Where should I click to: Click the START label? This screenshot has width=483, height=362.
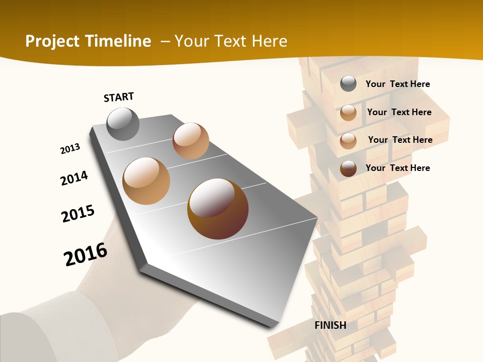119,97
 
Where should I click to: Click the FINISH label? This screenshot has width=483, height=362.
330,325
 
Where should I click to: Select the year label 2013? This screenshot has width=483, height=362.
70,149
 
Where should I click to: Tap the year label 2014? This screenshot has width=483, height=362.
74,178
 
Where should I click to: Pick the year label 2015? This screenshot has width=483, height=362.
78,214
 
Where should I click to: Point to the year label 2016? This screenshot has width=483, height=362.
86,254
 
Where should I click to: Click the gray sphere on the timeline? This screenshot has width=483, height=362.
123,124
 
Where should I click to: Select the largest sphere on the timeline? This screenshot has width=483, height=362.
218,208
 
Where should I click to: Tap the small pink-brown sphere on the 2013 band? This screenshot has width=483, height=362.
191,141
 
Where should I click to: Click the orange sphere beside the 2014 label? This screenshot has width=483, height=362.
146,181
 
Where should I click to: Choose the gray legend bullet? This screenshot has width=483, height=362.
348,84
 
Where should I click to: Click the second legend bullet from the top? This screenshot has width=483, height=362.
348,113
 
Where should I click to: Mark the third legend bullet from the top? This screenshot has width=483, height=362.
348,141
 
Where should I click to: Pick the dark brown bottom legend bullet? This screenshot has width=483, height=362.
348,168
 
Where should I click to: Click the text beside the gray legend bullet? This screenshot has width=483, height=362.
397,84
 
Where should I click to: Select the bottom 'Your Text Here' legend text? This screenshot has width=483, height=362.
397,168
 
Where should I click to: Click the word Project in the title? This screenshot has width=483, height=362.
52,41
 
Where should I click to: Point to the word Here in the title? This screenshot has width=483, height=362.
269,41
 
